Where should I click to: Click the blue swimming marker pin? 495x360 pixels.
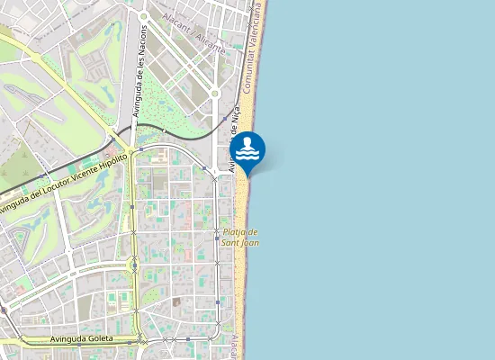coord(247,149)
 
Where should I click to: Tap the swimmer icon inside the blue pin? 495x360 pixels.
coord(247,147)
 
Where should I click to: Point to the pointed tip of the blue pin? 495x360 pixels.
coord(247,174)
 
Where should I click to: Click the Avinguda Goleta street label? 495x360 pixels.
coord(80,339)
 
